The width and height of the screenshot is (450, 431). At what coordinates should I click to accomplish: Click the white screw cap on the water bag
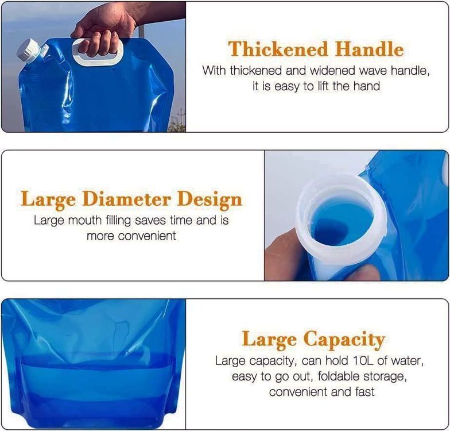pos(28,52)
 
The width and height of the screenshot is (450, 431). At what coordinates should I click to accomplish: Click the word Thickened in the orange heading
pos(278,49)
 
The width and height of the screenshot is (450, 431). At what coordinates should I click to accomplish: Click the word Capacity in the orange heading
pos(344,339)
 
